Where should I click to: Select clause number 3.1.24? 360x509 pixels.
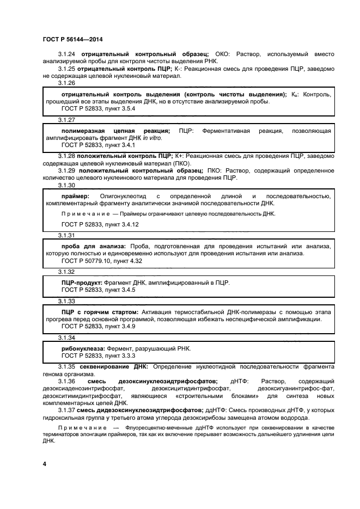pos(68,54)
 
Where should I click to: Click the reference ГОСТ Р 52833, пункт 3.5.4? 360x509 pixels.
pos(98,109)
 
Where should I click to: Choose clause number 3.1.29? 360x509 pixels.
pos(68,171)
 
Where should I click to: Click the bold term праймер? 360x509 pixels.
pos(77,196)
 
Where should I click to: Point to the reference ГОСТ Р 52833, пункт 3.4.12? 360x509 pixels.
pos(100,224)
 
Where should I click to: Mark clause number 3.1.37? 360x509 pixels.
pos(68,410)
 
